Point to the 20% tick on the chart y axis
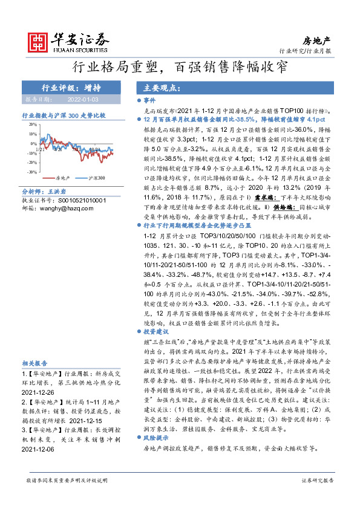(x=31, y=125)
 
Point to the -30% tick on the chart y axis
(x=30, y=172)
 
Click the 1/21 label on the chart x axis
(x=40, y=148)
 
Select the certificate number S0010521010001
(x=74, y=199)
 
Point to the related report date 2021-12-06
(x=39, y=450)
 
